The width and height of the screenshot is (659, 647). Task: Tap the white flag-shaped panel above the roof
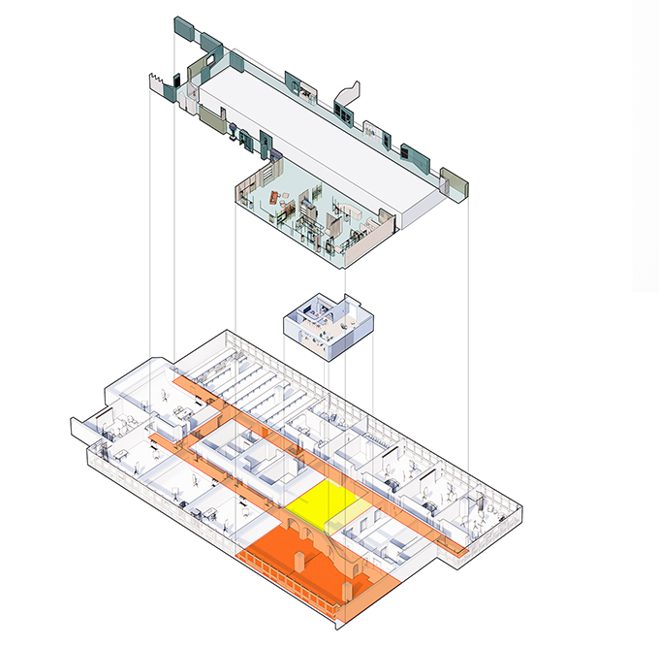pos(348,94)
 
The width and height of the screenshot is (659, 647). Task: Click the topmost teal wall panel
pos(180,26)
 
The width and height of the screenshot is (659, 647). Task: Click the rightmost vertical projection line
pos(469,340)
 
